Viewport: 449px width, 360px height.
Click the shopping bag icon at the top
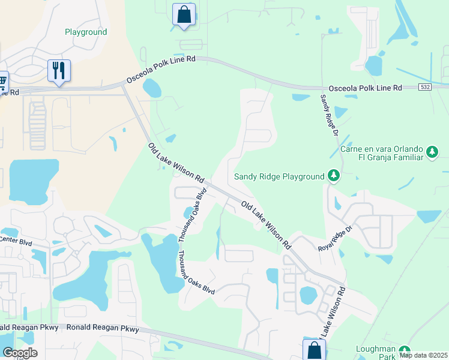coord(184,14)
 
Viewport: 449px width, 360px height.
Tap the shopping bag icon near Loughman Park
coord(314,350)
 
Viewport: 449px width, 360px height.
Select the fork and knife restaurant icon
coord(59,71)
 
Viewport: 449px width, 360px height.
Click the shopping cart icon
coord(2,80)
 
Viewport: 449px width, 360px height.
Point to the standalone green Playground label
coord(86,32)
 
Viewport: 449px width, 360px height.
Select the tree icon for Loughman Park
coord(405,351)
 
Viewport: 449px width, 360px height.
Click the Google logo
coord(20,353)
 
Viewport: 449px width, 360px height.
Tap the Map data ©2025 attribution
coord(423,355)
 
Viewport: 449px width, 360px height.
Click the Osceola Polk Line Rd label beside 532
coord(362,88)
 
